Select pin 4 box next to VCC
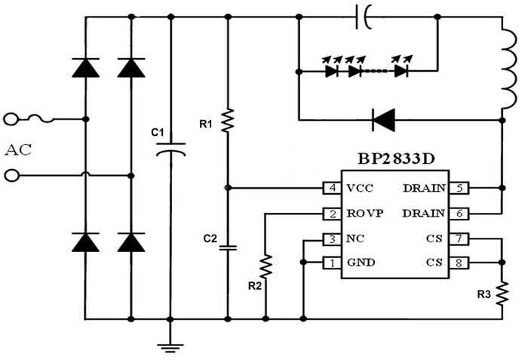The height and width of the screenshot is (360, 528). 330,187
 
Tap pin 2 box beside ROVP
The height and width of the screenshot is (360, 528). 330,214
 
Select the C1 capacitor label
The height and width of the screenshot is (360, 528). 158,133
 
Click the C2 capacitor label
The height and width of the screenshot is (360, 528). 210,238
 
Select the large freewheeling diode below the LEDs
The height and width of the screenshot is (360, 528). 384,118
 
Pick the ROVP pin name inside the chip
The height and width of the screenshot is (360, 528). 365,214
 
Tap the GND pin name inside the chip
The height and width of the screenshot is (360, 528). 361,263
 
